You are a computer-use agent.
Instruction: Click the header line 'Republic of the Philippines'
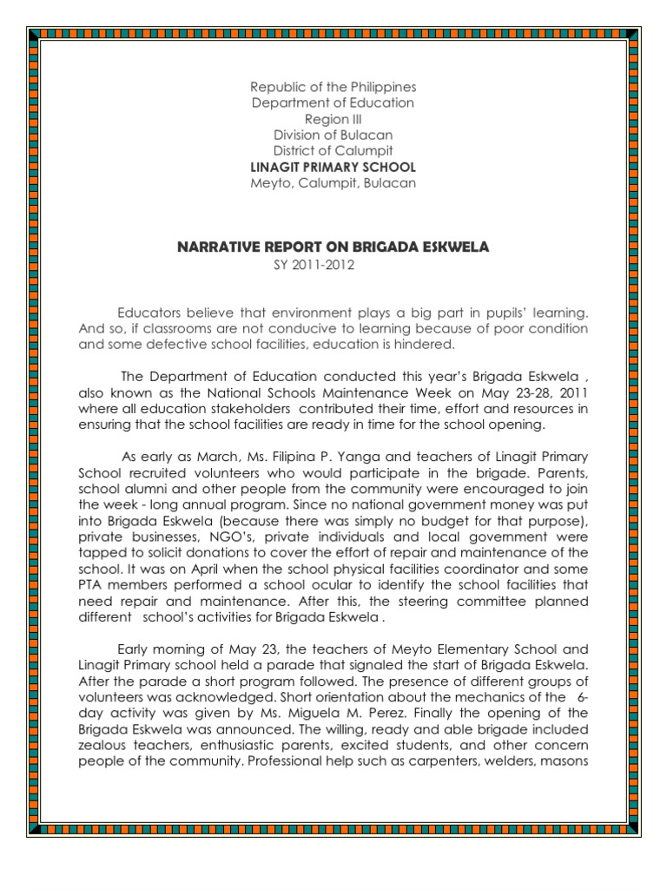[333, 88]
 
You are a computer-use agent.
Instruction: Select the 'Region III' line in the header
[333, 119]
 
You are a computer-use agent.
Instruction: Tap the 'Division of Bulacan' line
[333, 135]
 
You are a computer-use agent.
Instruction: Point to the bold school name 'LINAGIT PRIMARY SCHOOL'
[333, 167]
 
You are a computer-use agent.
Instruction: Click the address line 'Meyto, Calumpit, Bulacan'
[333, 182]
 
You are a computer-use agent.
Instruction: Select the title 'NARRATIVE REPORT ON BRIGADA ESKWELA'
[333, 247]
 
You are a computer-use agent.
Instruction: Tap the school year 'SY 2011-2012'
[314, 264]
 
